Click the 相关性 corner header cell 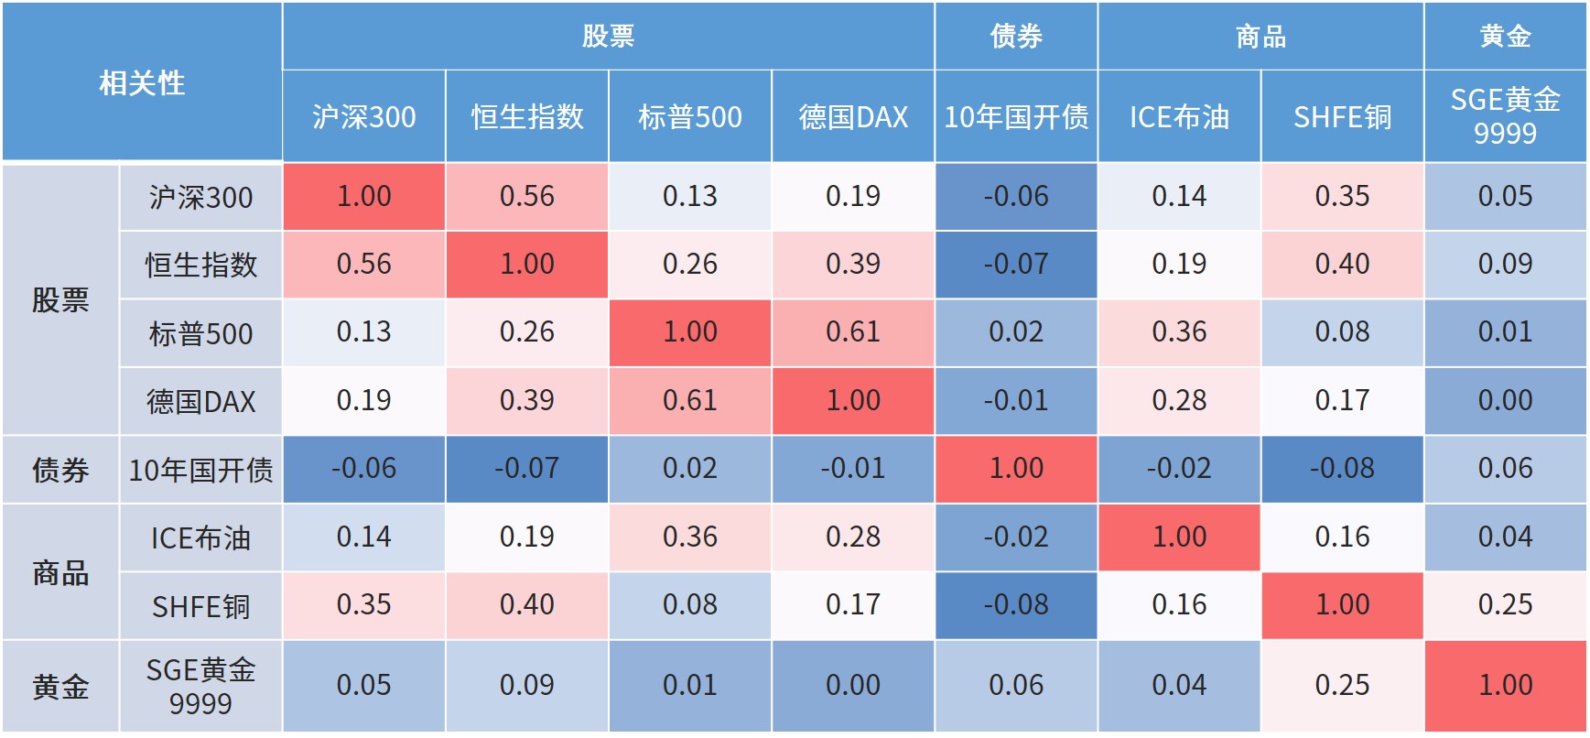click(142, 82)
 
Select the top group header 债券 click(1016, 36)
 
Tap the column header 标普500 click(690, 117)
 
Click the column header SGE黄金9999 click(1505, 116)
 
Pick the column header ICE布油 click(1179, 117)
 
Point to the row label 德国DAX click(200, 401)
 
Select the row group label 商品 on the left click(60, 572)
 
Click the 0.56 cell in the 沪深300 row click(527, 196)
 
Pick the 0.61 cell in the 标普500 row click(853, 332)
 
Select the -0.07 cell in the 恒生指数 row click(1016, 265)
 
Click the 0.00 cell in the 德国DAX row click(1505, 401)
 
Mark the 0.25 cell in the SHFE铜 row click(1505, 605)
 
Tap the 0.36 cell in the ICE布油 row click(690, 537)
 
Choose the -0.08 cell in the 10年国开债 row click(1342, 469)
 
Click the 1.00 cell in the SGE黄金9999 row click(1505, 686)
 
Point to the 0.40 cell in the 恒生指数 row click(1342, 265)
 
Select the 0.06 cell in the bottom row click(1016, 686)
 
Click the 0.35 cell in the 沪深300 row click(1342, 196)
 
